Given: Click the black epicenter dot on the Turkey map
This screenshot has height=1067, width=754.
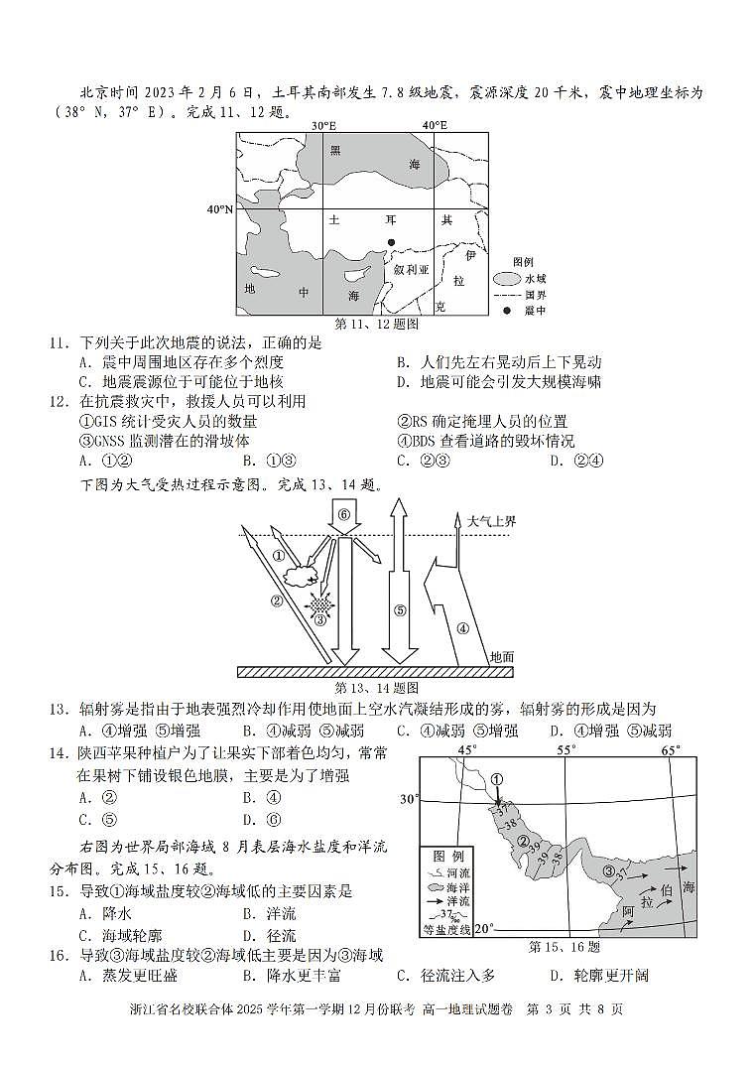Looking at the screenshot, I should [x=392, y=242].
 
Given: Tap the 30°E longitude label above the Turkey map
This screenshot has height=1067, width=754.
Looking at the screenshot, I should [x=323, y=126].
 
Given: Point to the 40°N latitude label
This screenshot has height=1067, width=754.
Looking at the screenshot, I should [x=219, y=209].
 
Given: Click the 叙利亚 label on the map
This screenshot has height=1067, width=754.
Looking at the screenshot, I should [x=410, y=268].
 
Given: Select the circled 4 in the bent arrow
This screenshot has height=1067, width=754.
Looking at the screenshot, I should [x=462, y=627].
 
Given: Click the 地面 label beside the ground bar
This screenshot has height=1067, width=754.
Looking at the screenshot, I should [x=502, y=656].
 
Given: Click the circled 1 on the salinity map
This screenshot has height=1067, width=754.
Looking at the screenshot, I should [x=497, y=780].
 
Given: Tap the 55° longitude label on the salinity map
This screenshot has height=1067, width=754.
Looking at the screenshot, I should [x=565, y=750].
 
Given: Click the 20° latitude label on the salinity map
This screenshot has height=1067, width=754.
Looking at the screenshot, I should [x=483, y=929].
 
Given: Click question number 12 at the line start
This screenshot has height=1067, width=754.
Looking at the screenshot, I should [x=59, y=401].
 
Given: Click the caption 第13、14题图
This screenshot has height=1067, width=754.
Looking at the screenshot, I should [x=376, y=687].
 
